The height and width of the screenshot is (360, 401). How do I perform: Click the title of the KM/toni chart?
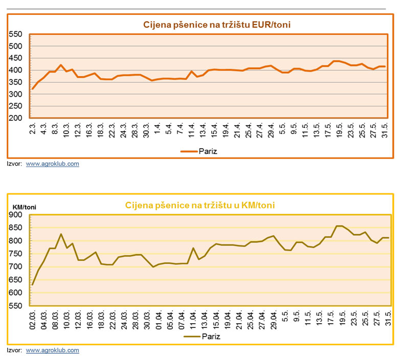pos(200,206)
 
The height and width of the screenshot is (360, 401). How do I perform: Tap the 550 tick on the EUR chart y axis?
pos(16,34)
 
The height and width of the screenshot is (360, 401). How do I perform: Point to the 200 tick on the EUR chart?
pos(16,118)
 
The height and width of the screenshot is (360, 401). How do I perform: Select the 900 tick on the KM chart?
pos(16,215)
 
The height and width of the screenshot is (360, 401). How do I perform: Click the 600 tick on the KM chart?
pos(16,293)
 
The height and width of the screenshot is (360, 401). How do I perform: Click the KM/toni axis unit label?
pos(25,207)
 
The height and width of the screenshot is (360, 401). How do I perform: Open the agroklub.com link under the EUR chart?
pos(53,164)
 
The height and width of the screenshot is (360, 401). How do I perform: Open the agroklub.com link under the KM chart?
pos(53,350)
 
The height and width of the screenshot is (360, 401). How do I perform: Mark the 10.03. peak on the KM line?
pos(61,234)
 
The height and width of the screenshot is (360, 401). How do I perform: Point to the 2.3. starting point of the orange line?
pos(33,89)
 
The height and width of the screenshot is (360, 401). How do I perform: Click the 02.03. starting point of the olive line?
pos(33,285)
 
